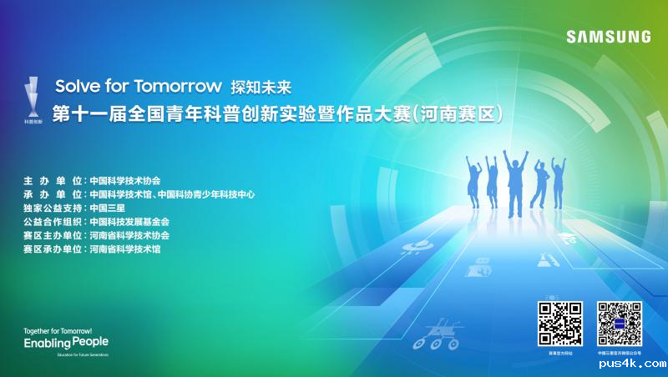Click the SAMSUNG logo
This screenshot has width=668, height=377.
(x=608, y=37)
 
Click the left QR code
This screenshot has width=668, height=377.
(x=559, y=324)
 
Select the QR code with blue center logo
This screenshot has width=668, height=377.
(x=620, y=324)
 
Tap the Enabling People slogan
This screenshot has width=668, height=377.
(x=66, y=343)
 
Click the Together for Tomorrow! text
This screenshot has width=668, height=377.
(x=58, y=330)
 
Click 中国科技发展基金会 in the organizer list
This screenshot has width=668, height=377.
(x=129, y=222)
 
